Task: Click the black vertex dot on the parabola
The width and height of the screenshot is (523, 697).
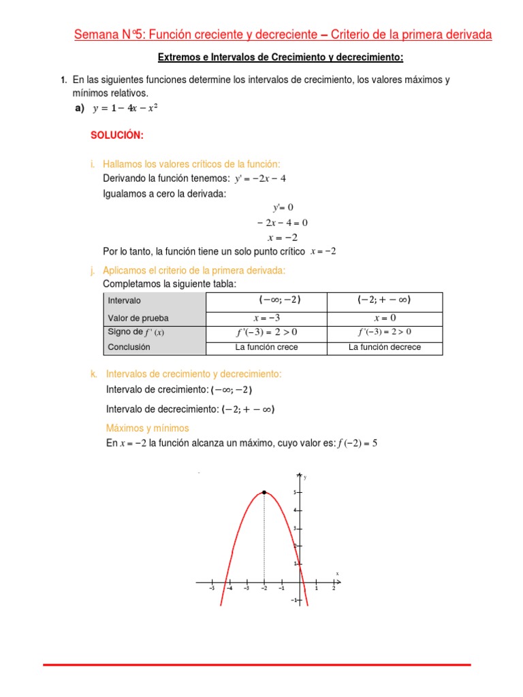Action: point(264,491)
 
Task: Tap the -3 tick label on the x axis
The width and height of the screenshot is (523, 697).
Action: point(246,589)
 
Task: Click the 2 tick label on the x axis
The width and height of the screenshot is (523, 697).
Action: point(334,589)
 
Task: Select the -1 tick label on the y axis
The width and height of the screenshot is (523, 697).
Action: point(293,600)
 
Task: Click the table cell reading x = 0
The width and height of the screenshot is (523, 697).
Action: point(385,318)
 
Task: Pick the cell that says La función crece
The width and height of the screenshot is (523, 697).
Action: point(266,347)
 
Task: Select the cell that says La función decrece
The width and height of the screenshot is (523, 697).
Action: point(385,347)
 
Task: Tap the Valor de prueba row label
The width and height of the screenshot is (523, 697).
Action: point(138,318)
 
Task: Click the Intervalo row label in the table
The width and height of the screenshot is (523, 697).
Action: point(125,300)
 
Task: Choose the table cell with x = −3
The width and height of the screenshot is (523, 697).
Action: point(266,318)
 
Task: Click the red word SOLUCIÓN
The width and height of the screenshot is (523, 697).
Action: point(117,135)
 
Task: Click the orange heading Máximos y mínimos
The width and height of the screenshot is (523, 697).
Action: point(147,428)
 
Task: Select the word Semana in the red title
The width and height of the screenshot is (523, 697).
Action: point(97,35)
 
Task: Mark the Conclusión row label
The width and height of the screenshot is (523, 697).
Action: point(129,347)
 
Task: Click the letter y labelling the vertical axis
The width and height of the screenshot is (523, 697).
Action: point(305,477)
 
